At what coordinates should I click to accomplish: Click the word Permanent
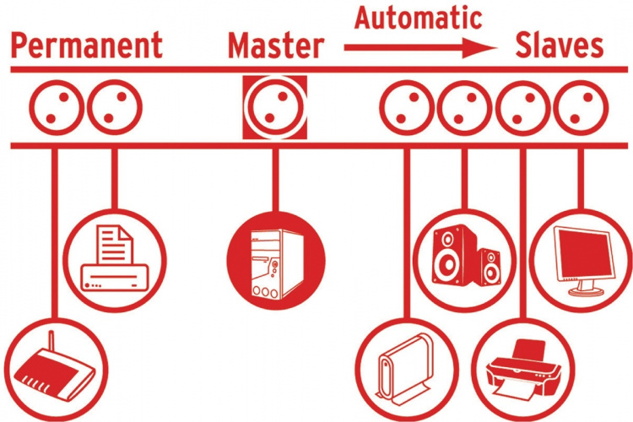(86, 46)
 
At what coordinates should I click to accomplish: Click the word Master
(275, 46)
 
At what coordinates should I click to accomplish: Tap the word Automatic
(418, 17)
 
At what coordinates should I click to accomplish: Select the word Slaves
(560, 46)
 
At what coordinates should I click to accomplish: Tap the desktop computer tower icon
(275, 261)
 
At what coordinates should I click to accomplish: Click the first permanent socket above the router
(56, 108)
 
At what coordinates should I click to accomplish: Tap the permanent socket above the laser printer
(115, 108)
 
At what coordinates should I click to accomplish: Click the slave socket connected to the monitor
(580, 108)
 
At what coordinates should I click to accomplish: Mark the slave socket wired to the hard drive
(406, 108)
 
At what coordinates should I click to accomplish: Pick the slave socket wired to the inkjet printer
(522, 108)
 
